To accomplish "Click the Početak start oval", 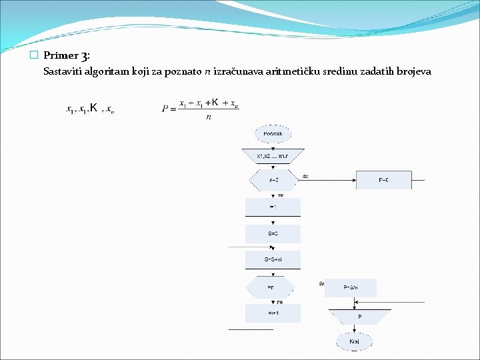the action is [273, 134].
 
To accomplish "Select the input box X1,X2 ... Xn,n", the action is [273, 156].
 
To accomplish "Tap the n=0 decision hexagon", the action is [273, 180].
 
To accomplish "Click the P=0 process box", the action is [383, 180].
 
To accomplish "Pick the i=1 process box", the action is [273, 207].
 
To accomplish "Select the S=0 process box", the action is [273, 234].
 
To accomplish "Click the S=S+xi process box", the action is [273, 259].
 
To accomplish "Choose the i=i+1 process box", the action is [273, 313].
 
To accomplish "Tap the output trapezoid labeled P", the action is [360, 317].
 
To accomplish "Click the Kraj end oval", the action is [355, 341].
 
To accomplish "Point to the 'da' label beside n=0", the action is [305, 177].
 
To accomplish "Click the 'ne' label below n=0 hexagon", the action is [280, 195].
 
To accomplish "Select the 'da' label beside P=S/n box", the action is [321, 283].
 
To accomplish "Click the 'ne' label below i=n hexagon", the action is [280, 301].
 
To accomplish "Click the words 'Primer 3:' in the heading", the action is [71, 56].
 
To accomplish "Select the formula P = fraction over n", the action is [200, 109].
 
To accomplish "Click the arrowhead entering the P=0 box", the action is [353, 180].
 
